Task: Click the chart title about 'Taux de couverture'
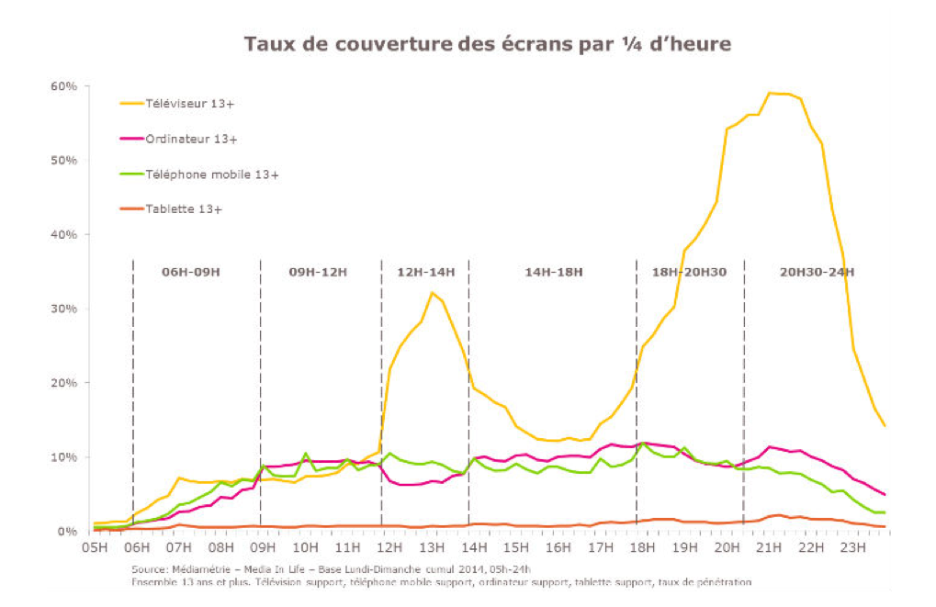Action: click(x=487, y=44)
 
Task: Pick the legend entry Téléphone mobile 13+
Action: click(x=211, y=174)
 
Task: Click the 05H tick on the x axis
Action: click(x=95, y=548)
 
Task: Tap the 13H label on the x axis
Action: click(x=433, y=548)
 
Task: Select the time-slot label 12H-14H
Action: click(x=424, y=272)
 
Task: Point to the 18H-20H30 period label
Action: click(x=689, y=272)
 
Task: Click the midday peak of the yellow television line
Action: click(x=432, y=293)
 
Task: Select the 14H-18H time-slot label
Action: click(x=553, y=272)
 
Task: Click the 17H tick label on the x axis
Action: click(x=602, y=548)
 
